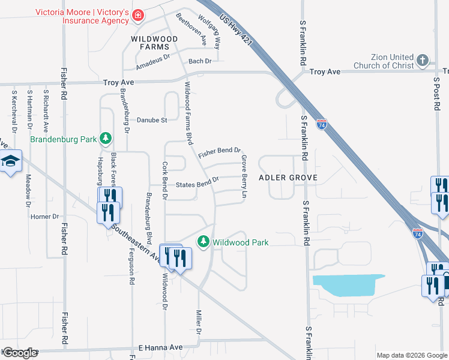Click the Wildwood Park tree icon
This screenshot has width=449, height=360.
pos(204,241)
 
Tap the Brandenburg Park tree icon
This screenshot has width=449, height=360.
pos(106,139)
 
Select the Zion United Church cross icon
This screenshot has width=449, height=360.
pos(423,60)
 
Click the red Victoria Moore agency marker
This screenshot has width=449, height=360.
pos(138,14)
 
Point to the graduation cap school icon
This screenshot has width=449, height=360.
pos(10,161)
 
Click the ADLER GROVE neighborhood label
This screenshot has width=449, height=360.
pos(288,178)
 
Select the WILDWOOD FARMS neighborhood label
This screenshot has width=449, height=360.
pos(155,43)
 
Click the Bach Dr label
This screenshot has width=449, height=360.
pos(200,61)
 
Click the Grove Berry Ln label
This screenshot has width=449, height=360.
pos(244,177)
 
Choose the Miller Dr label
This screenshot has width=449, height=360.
pos(198,323)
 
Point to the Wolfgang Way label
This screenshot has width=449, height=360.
pos(209,32)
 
